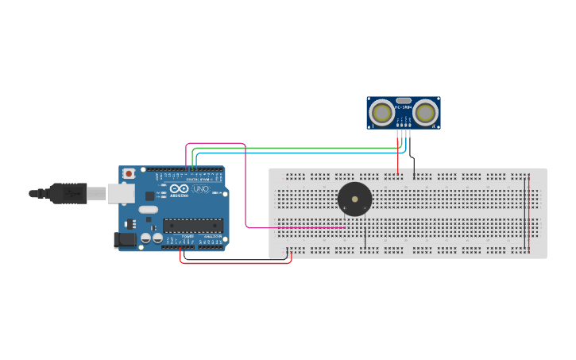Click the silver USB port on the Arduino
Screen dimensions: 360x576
click(x=120, y=193)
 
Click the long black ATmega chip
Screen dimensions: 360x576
click(x=192, y=226)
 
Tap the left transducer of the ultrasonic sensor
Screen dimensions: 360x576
click(x=383, y=113)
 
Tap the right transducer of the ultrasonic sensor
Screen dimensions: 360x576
click(x=426, y=113)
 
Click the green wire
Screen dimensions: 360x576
click(x=302, y=148)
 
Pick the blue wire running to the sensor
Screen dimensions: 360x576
click(x=302, y=152)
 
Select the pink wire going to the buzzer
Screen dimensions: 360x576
click(x=245, y=191)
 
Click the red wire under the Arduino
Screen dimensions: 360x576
click(x=238, y=262)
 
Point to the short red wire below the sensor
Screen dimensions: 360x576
click(x=398, y=155)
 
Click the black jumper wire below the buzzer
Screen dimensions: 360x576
click(x=365, y=236)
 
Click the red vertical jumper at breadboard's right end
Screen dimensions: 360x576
click(x=526, y=211)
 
